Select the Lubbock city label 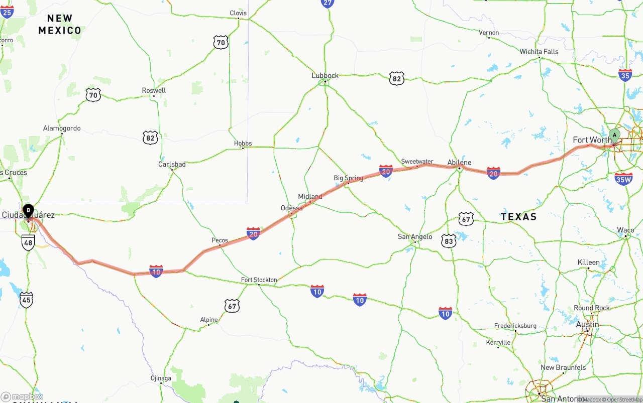coord(325,75)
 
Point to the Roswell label coord(154,90)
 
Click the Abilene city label coord(459,162)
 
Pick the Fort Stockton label coord(259,280)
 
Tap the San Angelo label coord(415,236)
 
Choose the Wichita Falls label coord(539,51)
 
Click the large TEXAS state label coord(518,217)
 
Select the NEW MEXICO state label coord(60,24)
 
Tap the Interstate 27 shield coord(328,3)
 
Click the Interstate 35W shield coord(623,179)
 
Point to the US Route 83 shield coord(449,241)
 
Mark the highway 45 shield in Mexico coord(27,300)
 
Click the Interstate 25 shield coord(7,12)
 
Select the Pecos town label coord(220,240)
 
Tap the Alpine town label coord(209,320)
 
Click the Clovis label coord(238,13)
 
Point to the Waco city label coord(625,230)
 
